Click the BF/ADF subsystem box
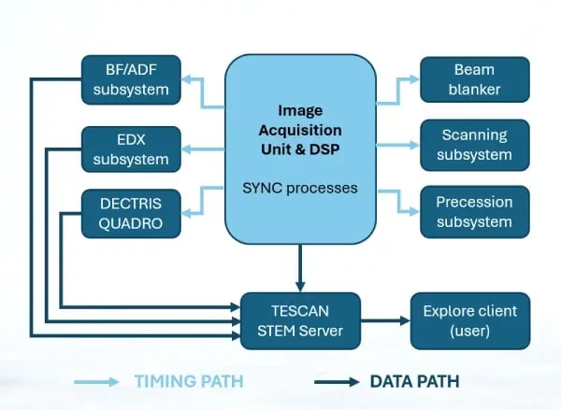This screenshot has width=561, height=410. (x=131, y=79)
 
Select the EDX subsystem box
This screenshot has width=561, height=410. (x=131, y=148)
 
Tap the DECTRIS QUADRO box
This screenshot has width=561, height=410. (x=131, y=213)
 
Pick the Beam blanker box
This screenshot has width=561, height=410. (x=474, y=79)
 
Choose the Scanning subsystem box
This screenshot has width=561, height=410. (x=474, y=145)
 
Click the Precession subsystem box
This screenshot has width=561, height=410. (x=474, y=211)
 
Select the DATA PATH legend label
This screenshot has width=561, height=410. (x=414, y=381)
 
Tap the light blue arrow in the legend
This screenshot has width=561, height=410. (x=95, y=382)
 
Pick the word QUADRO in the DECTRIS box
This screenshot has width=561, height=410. (x=131, y=222)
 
